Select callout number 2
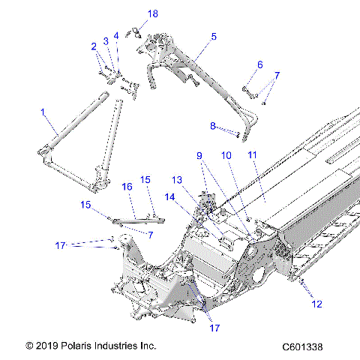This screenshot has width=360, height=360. click(x=94, y=46)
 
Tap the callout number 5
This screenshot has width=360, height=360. click(x=214, y=36)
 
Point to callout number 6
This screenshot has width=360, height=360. click(x=260, y=64)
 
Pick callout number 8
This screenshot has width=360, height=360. click(x=212, y=125)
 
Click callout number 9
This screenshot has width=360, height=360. click(x=199, y=155)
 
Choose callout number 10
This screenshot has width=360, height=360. click(x=226, y=155)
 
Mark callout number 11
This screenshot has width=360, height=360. click(x=252, y=155)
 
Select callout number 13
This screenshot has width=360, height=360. click(x=177, y=180)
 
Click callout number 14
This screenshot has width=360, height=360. click(x=169, y=196)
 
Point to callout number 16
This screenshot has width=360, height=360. click(x=127, y=186)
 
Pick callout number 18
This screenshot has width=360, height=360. click(x=153, y=14)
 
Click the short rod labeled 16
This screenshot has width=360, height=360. click(x=136, y=220)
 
